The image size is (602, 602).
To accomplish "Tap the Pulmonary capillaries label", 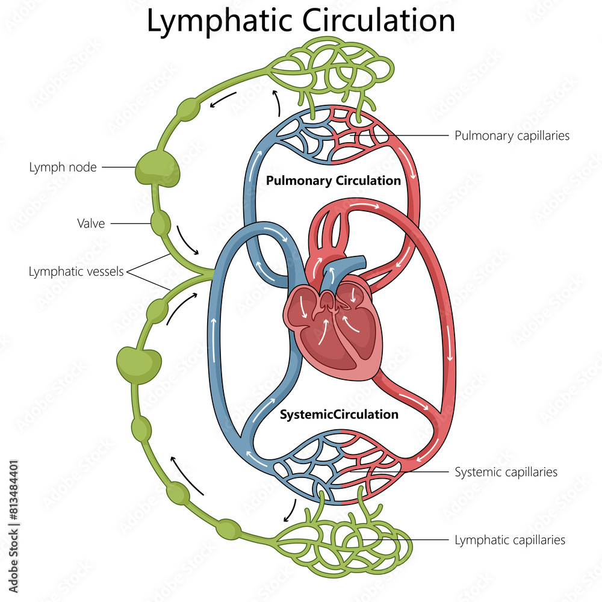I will tap(512, 135).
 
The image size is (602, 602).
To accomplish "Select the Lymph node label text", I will tap(63, 167).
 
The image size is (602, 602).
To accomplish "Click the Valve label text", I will tap(91, 224).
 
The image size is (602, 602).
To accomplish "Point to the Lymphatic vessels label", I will tap(76, 272).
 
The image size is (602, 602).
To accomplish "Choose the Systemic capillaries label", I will tap(506, 472).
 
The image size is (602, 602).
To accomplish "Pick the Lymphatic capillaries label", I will tap(510, 540).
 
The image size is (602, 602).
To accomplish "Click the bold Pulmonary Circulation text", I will tap(333, 181).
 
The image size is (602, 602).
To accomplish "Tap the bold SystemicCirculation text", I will tap(339, 414).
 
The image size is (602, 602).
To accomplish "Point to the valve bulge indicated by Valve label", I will tap(160, 223).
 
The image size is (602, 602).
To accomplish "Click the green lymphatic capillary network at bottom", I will tap(343, 539).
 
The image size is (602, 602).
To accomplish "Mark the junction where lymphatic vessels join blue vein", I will tap(211, 275).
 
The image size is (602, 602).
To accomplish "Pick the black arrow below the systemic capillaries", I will tap(290, 511).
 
